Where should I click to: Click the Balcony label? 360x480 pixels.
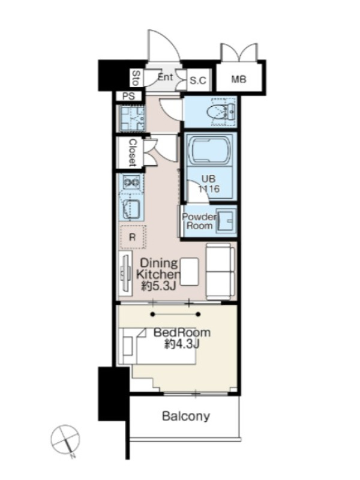pyautogui.click(x=186, y=416)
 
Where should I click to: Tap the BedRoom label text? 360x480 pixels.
pyautogui.click(x=182, y=332)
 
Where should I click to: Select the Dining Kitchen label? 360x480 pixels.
pyautogui.click(x=158, y=268)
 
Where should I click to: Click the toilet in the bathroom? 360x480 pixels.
pyautogui.click(x=221, y=112)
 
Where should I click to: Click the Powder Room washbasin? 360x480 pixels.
pyautogui.click(x=226, y=220)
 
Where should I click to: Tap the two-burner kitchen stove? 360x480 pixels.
pyautogui.click(x=131, y=182)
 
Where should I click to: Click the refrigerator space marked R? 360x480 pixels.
pyautogui.click(x=133, y=237)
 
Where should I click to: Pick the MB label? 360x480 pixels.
pyautogui.click(x=238, y=79)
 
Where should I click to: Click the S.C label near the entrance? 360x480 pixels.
pyautogui.click(x=198, y=80)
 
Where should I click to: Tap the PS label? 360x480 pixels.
pyautogui.click(x=128, y=96)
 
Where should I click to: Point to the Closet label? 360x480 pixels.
pyautogui.click(x=132, y=153)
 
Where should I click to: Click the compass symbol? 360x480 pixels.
pyautogui.click(x=66, y=440)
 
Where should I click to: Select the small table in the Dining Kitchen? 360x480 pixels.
pyautogui.click(x=189, y=271)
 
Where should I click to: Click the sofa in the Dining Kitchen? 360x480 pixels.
pyautogui.click(x=220, y=271)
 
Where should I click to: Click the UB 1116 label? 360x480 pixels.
pyautogui.click(x=208, y=184)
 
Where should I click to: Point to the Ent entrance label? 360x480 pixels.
pyautogui.click(x=166, y=77)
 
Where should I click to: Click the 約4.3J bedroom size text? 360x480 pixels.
pyautogui.click(x=182, y=344)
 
